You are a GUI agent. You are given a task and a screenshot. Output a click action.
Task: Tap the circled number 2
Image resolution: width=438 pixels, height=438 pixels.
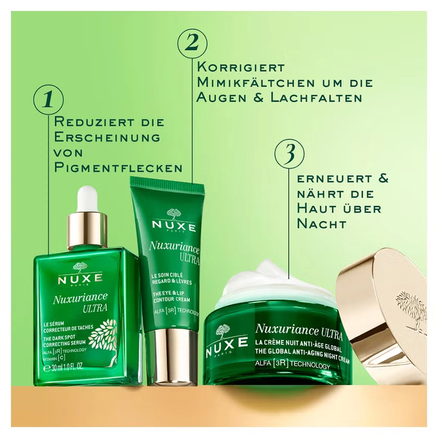pyautogui.click(x=192, y=42)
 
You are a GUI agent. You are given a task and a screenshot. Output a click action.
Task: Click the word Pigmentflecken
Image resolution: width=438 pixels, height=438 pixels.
pyautogui.click(x=119, y=168)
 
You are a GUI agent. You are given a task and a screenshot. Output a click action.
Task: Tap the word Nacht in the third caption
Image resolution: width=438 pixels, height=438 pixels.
pyautogui.click(x=322, y=224)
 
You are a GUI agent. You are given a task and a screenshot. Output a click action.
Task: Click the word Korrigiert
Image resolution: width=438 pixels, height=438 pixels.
pyautogui.click(x=241, y=68)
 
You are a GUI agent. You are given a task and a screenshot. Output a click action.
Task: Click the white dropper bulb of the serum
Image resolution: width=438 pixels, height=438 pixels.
pyautogui.click(x=87, y=200)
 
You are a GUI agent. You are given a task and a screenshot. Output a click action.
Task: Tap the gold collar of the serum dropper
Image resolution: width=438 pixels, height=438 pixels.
pyautogui.click(x=87, y=229)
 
